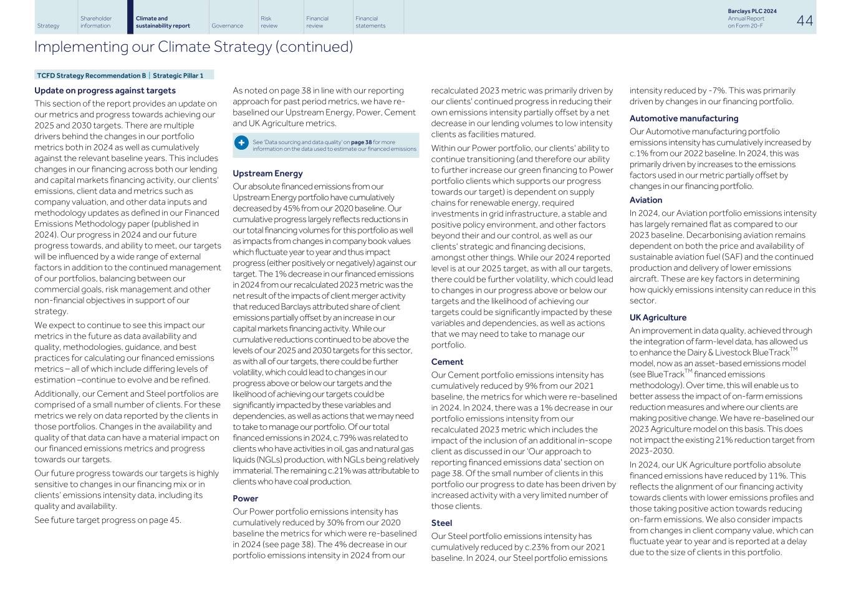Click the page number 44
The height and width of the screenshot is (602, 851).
pos(804,21)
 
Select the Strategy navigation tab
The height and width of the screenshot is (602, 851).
pos(48,26)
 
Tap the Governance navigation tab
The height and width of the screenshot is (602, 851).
pos(227,26)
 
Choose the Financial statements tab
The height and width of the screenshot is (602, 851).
pos(370,22)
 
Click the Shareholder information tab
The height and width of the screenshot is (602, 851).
pos(96,22)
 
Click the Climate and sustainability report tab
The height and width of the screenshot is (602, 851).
pos(163,22)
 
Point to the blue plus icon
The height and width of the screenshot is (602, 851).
pos(241,143)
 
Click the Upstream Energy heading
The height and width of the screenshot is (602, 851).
pos(267,173)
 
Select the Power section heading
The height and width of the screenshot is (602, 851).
pos(245,498)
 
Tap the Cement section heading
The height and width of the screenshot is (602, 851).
pos(447,362)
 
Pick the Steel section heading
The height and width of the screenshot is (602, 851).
pos(441,523)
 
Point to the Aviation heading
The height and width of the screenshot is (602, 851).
pos(645,200)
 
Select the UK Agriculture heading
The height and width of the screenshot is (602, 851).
pos(658,318)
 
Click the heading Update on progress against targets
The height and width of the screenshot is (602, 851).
pos(105,90)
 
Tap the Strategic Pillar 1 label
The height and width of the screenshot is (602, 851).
pos(178,75)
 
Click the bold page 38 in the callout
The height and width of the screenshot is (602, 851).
pos(361,142)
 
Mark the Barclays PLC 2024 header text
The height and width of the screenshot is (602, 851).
pos(752,11)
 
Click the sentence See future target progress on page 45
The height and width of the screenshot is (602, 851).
pos(108,520)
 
